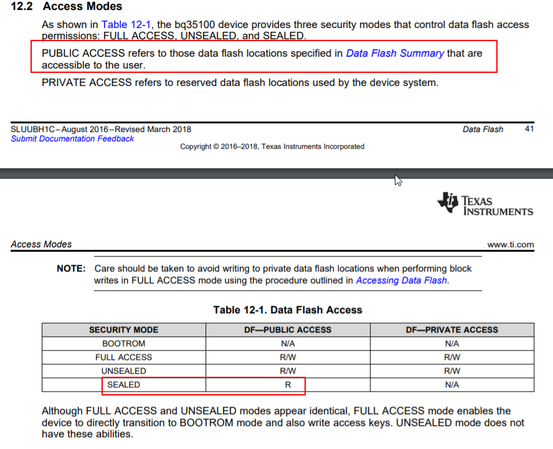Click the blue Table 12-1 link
coord(123,25)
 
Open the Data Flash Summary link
coord(395,53)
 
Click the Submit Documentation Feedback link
coord(72,139)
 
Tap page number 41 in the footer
coord(529,130)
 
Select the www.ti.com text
coord(510,245)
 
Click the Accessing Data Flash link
coord(401,280)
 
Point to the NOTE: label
coord(70,268)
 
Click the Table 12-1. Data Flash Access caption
coord(287,310)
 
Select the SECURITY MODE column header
coord(123,329)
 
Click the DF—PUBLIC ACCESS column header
coord(288,329)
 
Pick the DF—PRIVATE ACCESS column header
coord(452,329)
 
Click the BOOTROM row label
coord(123,343)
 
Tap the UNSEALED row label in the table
coord(123,371)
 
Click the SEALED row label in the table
coord(123,384)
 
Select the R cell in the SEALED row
coord(288,384)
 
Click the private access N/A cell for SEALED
coord(452,384)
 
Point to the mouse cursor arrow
coord(398,180)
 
